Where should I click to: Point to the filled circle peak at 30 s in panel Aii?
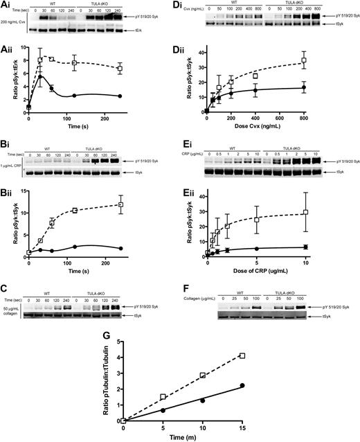[39, 76]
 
